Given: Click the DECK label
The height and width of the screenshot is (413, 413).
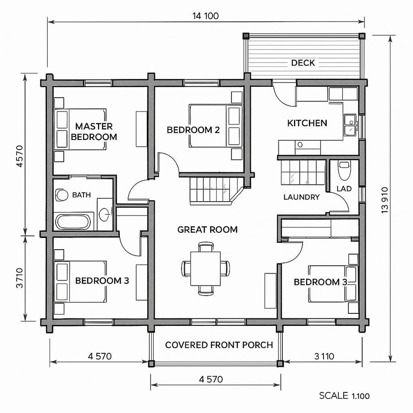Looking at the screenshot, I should pos(303,63).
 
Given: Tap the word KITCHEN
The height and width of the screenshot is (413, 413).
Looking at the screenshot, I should pos(307,123).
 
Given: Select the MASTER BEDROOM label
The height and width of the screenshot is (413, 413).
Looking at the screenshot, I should pos(94,131).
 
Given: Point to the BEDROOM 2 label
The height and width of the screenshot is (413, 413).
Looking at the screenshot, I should pos(193,130).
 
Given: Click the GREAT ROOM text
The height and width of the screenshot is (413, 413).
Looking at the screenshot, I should pos(207,229).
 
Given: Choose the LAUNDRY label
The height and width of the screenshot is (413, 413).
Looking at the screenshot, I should pos(301,197).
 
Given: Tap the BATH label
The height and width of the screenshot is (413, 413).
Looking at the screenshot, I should pos(81,195).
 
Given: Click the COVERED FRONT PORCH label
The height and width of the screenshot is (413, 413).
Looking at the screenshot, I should pos(219,345).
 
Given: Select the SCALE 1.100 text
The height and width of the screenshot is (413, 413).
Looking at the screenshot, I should pos(344,396).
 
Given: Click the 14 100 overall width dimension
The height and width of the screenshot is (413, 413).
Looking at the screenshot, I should pos(205,16).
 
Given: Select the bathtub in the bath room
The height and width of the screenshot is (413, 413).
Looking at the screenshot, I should pos(73,222).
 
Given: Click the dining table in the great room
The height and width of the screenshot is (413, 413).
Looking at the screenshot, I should pos(206,268).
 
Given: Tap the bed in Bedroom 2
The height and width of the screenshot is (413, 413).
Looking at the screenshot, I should pos(215,126).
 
